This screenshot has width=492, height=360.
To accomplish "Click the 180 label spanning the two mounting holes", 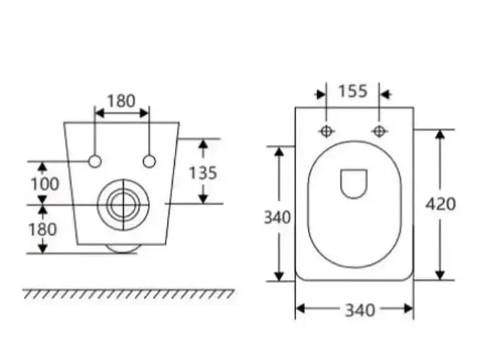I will [121, 100].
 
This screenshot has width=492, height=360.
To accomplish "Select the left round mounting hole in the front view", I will [95, 161].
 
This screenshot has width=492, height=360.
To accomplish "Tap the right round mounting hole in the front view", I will [149, 161].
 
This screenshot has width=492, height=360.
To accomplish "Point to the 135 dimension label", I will [202, 172].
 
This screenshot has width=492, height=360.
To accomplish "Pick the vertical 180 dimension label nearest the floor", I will [42, 229].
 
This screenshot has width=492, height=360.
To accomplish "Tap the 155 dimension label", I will [353, 91].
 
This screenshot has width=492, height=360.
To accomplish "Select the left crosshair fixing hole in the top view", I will [326, 131].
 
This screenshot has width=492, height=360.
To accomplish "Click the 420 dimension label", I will [440, 204].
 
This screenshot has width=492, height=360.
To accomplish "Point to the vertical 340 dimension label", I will [278, 217].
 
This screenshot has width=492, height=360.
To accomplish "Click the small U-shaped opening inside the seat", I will [354, 183].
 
